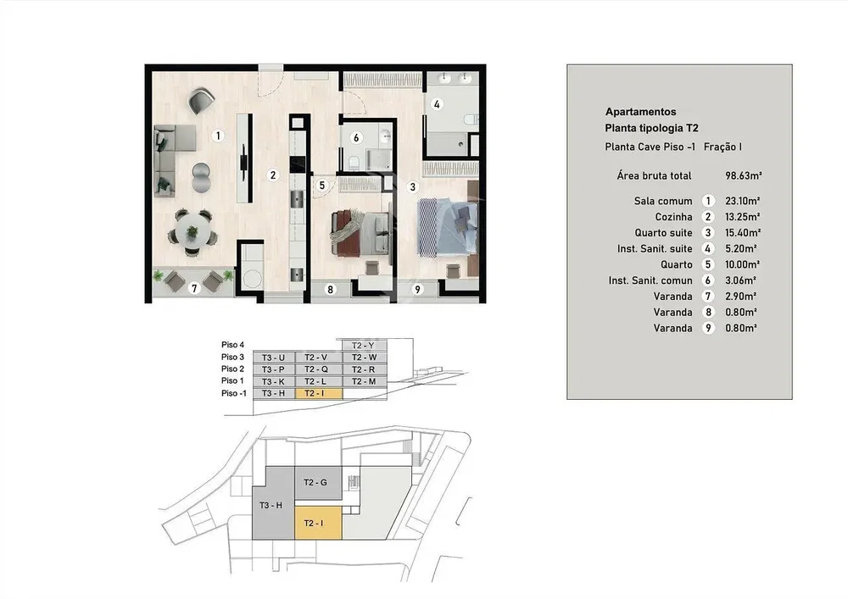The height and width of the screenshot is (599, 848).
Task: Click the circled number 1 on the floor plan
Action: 218,136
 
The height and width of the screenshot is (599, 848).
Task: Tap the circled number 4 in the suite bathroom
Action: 437,104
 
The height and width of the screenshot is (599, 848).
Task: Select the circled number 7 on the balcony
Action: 195,288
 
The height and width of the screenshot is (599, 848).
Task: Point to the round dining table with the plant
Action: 192,232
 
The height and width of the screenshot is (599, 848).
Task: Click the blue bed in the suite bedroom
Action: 447,226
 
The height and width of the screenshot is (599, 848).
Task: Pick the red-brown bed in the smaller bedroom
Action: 360,231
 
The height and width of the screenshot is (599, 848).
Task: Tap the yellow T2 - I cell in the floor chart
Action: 319,393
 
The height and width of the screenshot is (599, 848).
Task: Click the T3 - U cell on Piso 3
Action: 274,357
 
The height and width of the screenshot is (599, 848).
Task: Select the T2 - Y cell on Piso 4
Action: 365,345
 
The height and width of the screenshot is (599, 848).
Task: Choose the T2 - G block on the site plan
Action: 318,483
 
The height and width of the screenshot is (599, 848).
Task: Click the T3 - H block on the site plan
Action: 272,506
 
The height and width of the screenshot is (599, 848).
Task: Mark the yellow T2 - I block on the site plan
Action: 318,523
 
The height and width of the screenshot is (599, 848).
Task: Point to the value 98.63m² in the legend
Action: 743,175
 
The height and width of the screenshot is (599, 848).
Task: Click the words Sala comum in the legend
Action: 663,201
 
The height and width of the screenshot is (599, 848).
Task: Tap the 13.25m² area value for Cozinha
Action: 742,217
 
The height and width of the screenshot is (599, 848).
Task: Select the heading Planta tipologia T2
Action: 651,128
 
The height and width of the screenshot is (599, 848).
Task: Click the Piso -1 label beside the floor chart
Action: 234,393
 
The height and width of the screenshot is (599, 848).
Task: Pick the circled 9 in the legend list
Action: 708,328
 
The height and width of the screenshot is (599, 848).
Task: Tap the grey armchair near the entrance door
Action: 201,101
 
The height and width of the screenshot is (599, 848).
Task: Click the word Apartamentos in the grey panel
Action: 640,112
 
